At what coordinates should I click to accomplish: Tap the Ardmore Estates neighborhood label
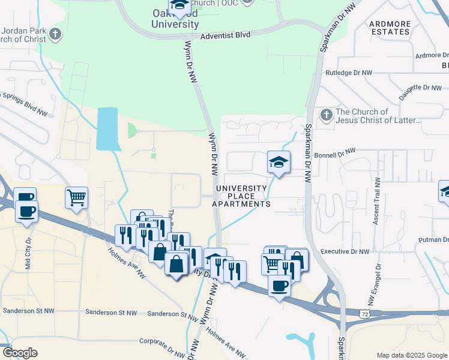point(390,28)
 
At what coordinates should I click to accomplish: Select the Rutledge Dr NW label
point(349,73)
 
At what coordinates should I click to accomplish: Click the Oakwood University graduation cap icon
point(178,5)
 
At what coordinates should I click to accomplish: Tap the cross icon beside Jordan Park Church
point(56,34)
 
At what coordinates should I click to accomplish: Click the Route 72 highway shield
point(364,314)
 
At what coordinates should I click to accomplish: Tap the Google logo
point(19,353)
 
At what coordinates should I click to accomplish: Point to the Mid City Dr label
point(27,252)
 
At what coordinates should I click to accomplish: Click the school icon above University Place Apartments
point(279,162)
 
